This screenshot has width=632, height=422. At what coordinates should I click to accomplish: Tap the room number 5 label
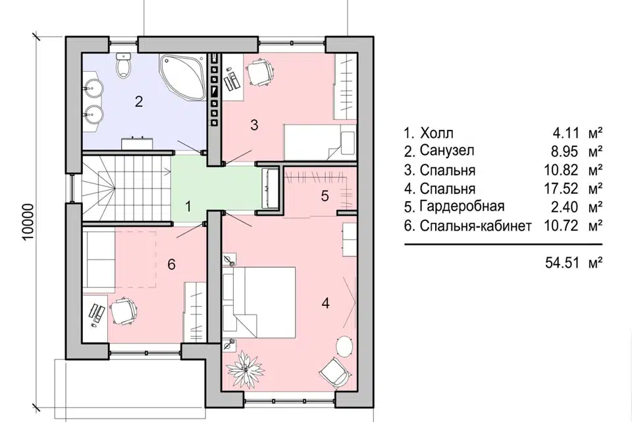[325, 196]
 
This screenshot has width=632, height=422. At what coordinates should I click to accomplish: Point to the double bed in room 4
[259, 302]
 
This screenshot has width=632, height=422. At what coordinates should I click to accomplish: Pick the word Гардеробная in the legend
[462, 206]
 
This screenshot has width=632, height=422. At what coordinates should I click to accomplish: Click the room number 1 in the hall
[188, 207]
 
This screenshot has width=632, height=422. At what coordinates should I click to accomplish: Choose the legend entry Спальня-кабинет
[475, 226]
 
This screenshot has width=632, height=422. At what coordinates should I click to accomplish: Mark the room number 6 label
[171, 264]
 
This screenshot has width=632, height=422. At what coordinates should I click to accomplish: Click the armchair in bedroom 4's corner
[334, 373]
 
